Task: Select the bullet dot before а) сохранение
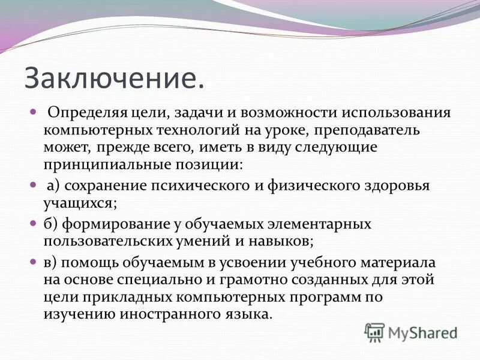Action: pyautogui.click(x=34, y=185)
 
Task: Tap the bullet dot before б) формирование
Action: pyautogui.click(x=34, y=224)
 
